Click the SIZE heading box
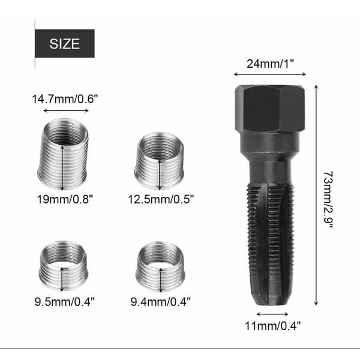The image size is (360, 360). click(65, 43)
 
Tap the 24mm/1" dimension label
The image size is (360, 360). click(270, 64)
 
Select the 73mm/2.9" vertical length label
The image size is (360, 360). click(328, 200)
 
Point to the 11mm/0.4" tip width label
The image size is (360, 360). click(273, 326)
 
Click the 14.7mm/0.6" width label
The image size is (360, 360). click(65, 99)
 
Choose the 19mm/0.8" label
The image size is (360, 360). click(65, 199)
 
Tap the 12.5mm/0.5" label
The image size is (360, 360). click(161, 199)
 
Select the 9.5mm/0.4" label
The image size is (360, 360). click(65, 301)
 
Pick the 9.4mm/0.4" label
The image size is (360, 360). click(160, 301)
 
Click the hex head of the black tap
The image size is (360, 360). click(270, 109)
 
